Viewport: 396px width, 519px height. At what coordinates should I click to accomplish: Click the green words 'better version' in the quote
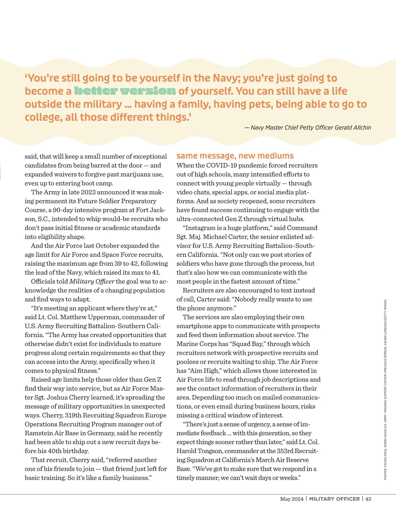pyautogui.click(x=125, y=91)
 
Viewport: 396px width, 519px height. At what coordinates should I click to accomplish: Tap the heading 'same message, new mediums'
pyautogui.click(x=235, y=156)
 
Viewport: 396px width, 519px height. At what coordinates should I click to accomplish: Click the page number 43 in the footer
pyautogui.click(x=368, y=499)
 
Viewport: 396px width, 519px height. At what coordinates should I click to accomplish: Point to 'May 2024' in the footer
pyautogui.click(x=291, y=499)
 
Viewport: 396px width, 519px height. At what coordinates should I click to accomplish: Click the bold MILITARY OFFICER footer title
pyautogui.click(x=334, y=499)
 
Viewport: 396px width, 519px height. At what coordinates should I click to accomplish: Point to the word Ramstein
pyautogui.click(x=38, y=433)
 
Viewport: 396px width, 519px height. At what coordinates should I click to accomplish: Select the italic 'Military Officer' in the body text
pyautogui.click(x=92, y=281)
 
